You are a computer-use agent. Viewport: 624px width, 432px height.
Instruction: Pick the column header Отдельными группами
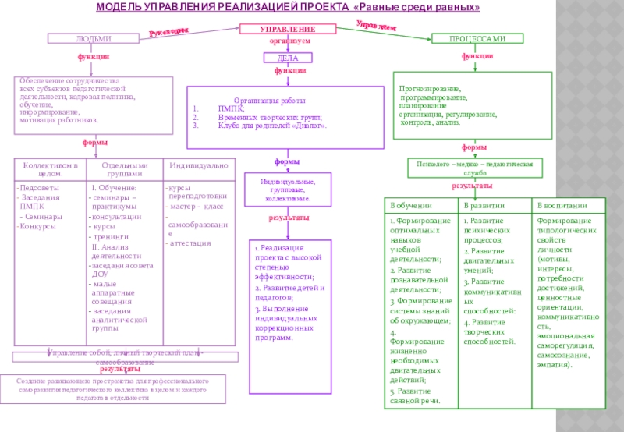(x=125, y=170)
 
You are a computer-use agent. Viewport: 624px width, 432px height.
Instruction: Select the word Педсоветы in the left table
(x=38, y=188)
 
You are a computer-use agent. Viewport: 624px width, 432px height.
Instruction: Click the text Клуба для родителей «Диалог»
(x=272, y=125)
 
